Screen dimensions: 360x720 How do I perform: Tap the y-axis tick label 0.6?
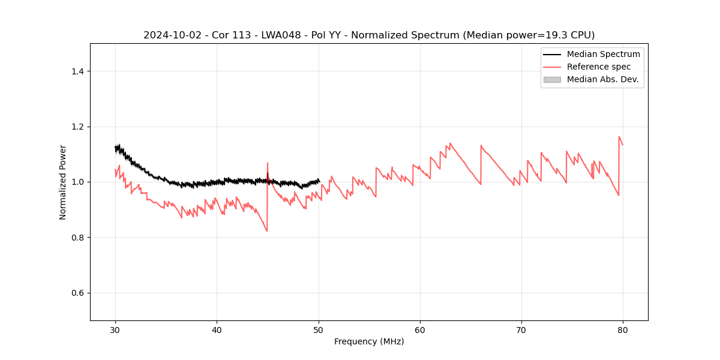pos(77,293)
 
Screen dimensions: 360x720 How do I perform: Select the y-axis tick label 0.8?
pos(77,238)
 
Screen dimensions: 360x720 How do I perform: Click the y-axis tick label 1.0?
pos(77,182)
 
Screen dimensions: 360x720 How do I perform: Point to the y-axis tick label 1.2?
pos(77,127)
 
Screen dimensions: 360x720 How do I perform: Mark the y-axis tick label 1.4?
pos(77,71)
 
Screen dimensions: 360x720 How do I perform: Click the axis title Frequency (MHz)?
pos(369,341)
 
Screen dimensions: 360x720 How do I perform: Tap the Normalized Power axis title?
pos(63,182)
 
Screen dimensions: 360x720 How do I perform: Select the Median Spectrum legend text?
pos(603,54)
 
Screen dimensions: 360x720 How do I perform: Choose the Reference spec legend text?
pos(599,67)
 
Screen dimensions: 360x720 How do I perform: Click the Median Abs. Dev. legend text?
pos(602,79)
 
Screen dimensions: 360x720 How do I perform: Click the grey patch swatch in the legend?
pos(552,79)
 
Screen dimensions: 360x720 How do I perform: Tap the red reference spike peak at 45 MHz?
pos(268,163)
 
